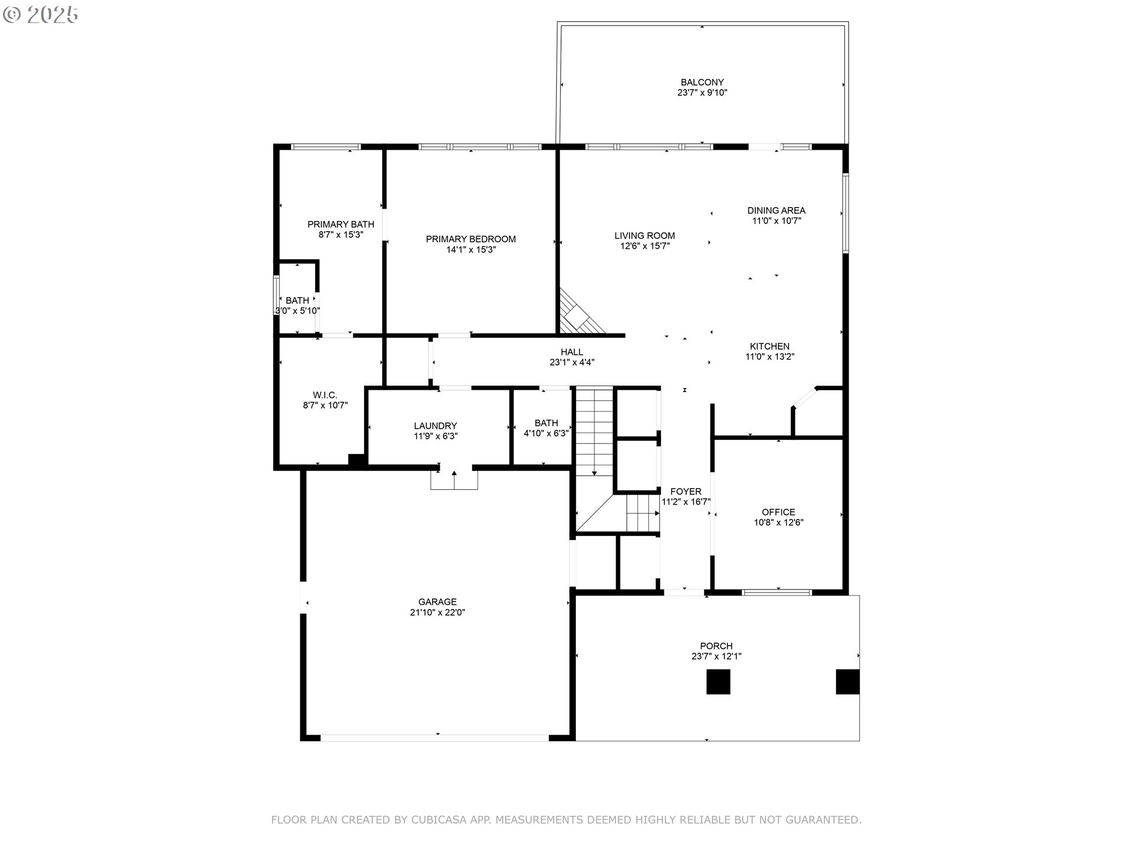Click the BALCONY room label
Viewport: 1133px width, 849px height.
click(702, 83)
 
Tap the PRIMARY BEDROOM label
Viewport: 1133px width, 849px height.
click(471, 239)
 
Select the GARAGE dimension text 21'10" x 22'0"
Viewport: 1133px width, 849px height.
click(438, 613)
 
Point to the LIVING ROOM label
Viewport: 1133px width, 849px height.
click(644, 236)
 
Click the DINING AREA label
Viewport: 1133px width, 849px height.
click(776, 210)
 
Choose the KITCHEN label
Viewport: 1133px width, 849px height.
click(769, 347)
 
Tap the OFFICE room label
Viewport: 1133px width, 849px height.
click(778, 512)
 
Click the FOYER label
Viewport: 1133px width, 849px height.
click(686, 492)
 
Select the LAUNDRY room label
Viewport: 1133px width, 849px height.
click(435, 426)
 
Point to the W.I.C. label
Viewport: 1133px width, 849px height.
click(325, 395)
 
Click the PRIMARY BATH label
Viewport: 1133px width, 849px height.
click(341, 225)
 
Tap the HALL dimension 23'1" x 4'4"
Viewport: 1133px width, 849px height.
click(572, 363)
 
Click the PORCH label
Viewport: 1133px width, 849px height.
click(716, 646)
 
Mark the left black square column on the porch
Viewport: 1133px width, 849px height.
click(719, 682)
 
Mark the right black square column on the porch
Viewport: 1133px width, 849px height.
click(847, 682)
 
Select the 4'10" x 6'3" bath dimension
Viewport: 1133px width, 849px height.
click(546, 433)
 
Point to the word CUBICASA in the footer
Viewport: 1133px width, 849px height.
click(438, 820)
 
